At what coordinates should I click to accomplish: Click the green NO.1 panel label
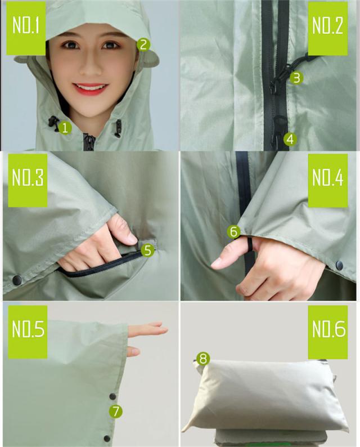click(26, 28)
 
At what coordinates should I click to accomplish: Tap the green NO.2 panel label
click(328, 28)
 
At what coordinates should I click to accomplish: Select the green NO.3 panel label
click(28, 181)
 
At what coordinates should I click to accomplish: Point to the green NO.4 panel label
click(328, 181)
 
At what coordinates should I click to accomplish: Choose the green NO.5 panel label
click(28, 332)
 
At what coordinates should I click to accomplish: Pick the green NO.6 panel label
click(328, 332)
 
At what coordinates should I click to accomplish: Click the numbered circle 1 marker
click(65, 128)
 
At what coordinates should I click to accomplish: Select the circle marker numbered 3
click(296, 78)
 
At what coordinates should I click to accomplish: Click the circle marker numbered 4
click(290, 139)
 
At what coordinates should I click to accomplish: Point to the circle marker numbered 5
click(147, 250)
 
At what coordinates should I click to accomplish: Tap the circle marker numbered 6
click(233, 232)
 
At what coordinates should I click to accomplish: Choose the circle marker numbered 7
click(116, 411)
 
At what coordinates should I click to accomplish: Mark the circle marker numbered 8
click(203, 359)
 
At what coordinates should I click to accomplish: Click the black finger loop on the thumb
click(250, 244)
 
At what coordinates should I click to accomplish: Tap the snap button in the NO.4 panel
click(339, 265)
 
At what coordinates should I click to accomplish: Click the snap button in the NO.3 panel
click(17, 280)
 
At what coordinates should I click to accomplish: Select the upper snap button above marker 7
click(113, 396)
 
